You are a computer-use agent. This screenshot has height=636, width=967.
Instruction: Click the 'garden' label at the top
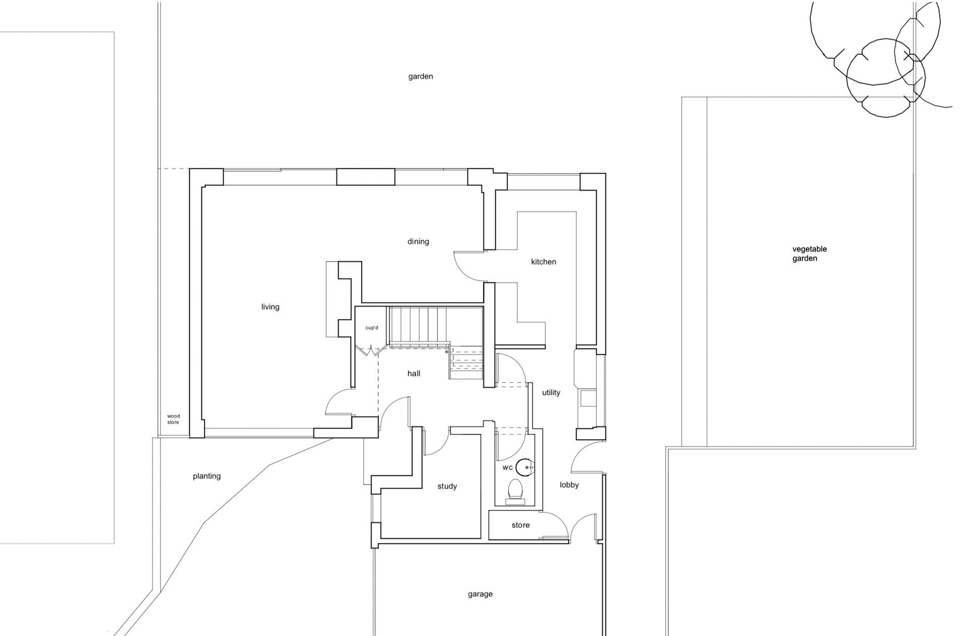[421, 77]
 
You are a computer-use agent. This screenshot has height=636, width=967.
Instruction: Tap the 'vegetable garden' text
[809, 253]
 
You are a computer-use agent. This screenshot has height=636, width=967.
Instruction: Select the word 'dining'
[418, 241]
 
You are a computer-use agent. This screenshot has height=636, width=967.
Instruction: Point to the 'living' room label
[270, 307]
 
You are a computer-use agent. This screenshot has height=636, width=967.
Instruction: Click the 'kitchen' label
[543, 262]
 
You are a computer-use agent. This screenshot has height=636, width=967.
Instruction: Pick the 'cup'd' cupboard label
[372, 328]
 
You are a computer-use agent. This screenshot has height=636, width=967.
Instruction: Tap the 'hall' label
[413, 373]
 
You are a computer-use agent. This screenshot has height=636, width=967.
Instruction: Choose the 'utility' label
[551, 393]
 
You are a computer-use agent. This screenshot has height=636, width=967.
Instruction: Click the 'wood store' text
[173, 419]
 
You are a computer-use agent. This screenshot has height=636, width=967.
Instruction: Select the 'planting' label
[206, 476]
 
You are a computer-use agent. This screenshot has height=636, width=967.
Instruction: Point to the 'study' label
[447, 486]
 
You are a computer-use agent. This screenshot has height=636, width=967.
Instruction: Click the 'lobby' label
[569, 485]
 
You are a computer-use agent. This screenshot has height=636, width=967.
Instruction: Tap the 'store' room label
[520, 525]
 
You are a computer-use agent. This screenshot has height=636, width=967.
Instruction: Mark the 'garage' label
[480, 594]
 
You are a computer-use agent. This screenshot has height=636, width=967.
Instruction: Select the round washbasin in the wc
[525, 467]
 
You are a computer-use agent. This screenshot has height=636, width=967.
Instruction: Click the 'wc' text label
[507, 468]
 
